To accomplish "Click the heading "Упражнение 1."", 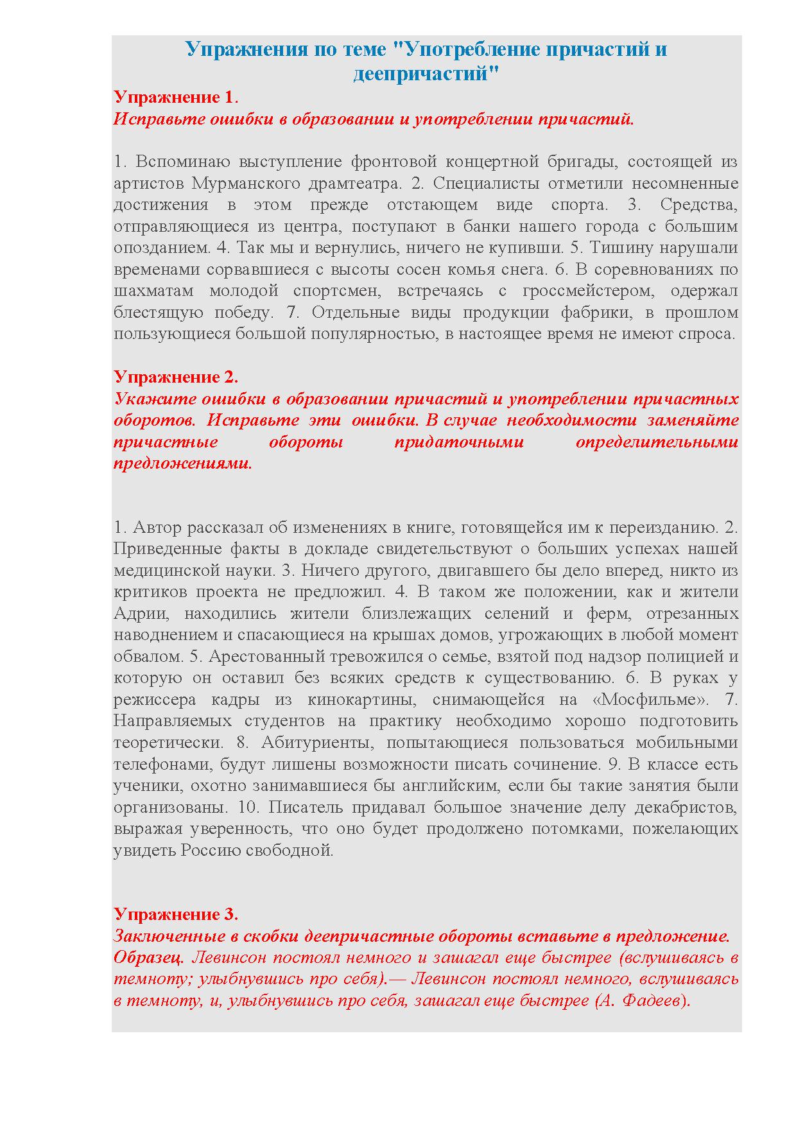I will point(176,97).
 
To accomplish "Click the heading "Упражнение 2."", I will point(176,376).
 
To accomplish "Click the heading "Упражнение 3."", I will point(176,914).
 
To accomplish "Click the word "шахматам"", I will point(153,291).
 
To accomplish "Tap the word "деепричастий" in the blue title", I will point(426,74).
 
